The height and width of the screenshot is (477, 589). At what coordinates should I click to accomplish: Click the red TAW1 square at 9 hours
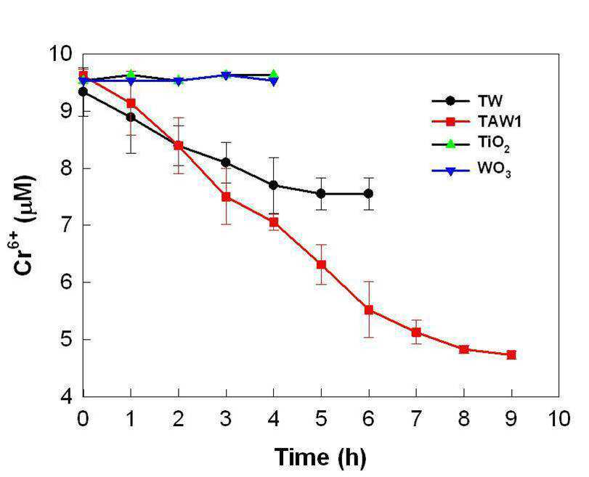tap(511, 354)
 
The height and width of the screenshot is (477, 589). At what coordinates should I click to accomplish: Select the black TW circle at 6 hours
tap(368, 193)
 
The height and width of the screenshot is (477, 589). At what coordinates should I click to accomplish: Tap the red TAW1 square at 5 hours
tap(321, 265)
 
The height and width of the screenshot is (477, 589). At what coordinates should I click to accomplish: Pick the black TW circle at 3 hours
tap(226, 162)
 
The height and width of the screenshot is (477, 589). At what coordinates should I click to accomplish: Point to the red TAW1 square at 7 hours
tap(416, 333)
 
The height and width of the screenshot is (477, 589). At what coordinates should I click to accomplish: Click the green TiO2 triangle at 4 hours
tap(274, 73)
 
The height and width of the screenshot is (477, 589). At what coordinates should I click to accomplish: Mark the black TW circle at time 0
tap(83, 91)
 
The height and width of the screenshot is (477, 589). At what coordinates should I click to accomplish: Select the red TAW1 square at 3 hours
tap(226, 197)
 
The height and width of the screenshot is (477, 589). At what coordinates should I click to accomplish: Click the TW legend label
tap(490, 101)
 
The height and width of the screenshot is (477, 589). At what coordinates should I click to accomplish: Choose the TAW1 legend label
tap(499, 121)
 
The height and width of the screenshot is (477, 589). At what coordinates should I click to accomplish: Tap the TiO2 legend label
tap(494, 144)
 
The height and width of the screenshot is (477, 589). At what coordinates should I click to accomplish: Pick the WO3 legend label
tap(495, 169)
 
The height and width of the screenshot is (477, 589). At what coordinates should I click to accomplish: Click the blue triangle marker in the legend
tap(450, 171)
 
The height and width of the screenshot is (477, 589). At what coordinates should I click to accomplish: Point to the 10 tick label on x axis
tap(558, 418)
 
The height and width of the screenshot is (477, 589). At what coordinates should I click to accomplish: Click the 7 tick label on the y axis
tap(68, 225)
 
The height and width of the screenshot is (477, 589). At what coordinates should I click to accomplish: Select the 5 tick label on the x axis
tap(321, 418)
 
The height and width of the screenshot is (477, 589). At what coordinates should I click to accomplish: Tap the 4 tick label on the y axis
tap(68, 396)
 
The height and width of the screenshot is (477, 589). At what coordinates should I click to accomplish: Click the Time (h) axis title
tap(320, 457)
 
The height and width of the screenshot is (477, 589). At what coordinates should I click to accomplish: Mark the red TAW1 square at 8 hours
tap(464, 349)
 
